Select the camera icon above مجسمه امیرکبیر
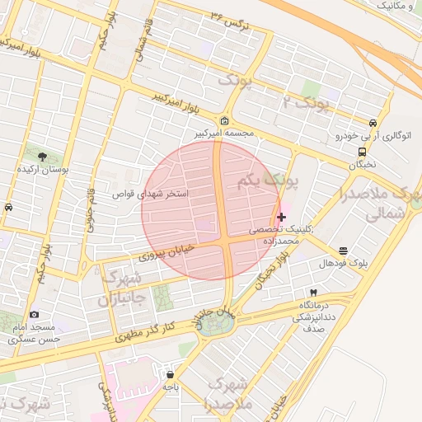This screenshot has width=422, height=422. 225,121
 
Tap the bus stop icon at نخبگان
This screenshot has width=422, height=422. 363,152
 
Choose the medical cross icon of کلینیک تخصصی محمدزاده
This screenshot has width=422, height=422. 282,217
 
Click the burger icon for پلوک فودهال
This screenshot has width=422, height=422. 343,251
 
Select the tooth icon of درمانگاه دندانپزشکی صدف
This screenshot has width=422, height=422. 313,293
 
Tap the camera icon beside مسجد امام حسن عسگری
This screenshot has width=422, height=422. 34,314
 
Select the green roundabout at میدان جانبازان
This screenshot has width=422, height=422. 217,323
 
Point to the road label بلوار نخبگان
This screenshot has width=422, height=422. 274,270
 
